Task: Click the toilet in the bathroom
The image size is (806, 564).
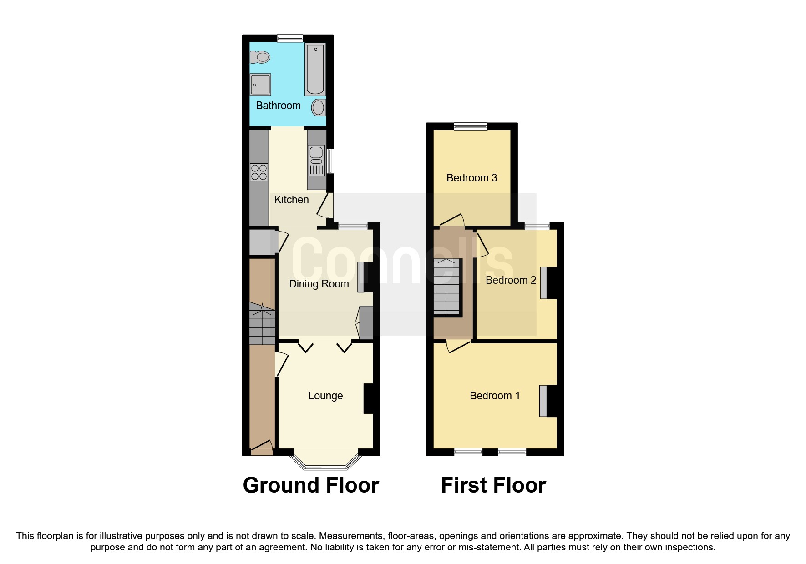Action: (260, 57)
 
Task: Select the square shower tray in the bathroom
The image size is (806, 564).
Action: (260, 84)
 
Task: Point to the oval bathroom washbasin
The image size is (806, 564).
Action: (318, 108)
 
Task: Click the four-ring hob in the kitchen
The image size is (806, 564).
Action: (259, 172)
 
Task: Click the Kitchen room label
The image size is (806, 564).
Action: (291, 200)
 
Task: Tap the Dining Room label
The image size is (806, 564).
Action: (319, 284)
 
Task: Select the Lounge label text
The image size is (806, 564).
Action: (325, 396)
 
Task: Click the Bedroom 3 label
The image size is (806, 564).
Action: (471, 178)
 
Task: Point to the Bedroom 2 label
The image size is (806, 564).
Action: (511, 280)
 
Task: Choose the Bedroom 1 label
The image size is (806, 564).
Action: (495, 396)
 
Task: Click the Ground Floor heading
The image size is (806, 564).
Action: (311, 485)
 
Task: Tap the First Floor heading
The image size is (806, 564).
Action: (493, 485)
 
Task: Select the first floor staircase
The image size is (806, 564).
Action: (446, 287)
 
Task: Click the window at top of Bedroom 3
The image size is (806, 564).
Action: (471, 126)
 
